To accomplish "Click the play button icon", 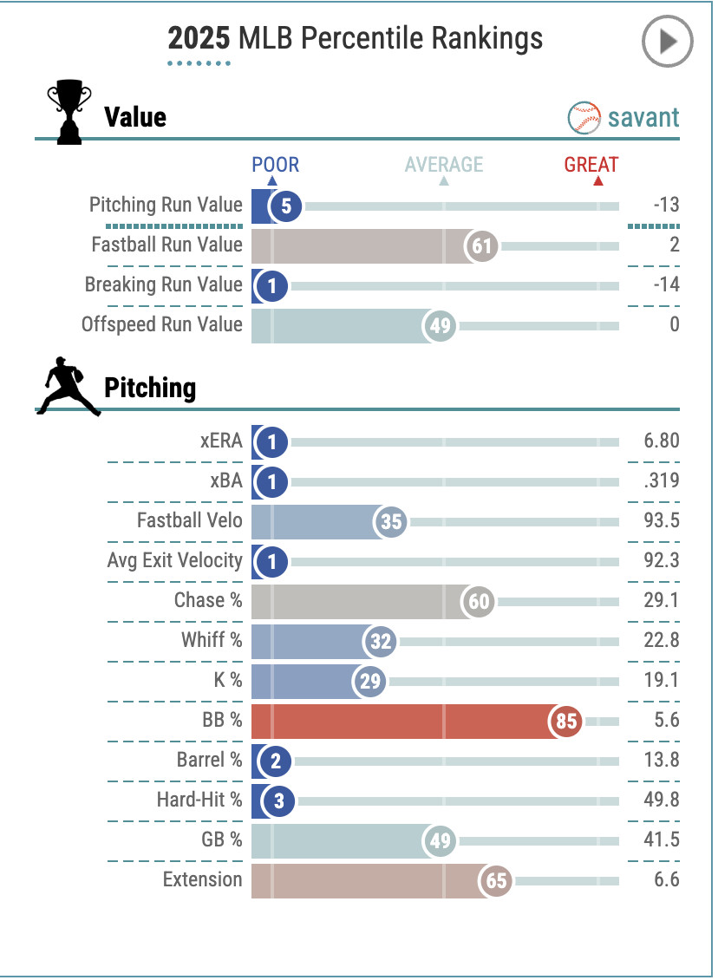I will [x=667, y=41].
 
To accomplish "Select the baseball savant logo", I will [x=623, y=117].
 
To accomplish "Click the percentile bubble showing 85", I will [x=566, y=722].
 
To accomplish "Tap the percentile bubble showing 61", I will [x=481, y=246].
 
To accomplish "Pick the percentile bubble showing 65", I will [x=495, y=881].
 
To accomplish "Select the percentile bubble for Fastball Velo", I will [x=391, y=522].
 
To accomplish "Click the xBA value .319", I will [x=662, y=481].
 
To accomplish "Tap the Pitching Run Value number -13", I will [x=666, y=206].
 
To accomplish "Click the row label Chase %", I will [x=208, y=600].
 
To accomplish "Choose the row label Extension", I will [x=203, y=879].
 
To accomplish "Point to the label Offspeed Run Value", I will [x=162, y=324].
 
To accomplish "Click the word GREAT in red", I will [x=591, y=165].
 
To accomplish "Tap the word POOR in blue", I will [x=275, y=165].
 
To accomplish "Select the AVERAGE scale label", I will [x=444, y=165].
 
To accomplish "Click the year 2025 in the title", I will [x=199, y=38].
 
